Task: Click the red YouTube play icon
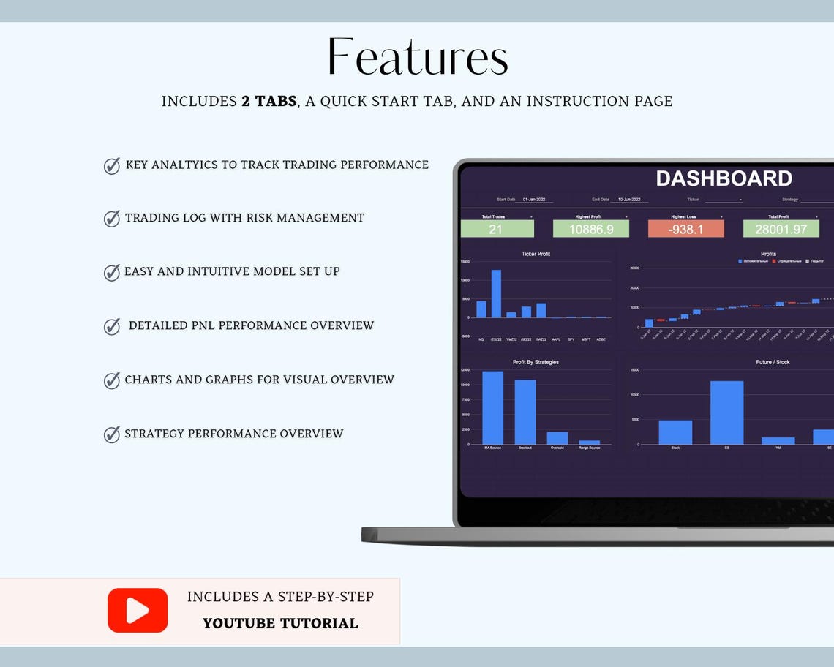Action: pyautogui.click(x=138, y=610)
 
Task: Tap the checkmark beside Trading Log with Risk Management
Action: pyautogui.click(x=112, y=219)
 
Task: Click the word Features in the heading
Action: pyautogui.click(x=417, y=58)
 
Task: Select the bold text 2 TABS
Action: pyautogui.click(x=268, y=101)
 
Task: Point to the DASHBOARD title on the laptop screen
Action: pyautogui.click(x=723, y=178)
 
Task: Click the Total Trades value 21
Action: pyautogui.click(x=497, y=230)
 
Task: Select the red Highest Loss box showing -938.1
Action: pyautogui.click(x=685, y=230)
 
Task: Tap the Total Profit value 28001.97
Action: pyautogui.click(x=781, y=230)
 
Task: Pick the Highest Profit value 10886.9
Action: pyautogui.click(x=590, y=230)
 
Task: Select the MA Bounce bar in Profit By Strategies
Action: pyautogui.click(x=492, y=408)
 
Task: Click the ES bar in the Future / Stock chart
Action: pyautogui.click(x=726, y=412)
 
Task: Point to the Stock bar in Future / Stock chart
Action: pyautogui.click(x=675, y=432)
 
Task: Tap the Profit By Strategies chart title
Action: pyautogui.click(x=536, y=362)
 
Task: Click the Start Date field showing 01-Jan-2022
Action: pyautogui.click(x=534, y=200)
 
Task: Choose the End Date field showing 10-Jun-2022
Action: pyautogui.click(x=629, y=200)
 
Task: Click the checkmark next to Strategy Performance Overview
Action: pyautogui.click(x=112, y=434)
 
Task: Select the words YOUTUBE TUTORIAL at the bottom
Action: pyautogui.click(x=280, y=623)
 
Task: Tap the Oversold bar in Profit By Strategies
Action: pyautogui.click(x=557, y=438)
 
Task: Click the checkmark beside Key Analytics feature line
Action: pyautogui.click(x=112, y=166)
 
